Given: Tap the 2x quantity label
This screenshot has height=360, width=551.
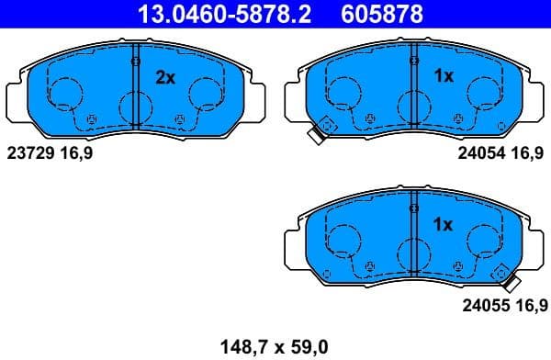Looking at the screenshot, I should click(164, 78).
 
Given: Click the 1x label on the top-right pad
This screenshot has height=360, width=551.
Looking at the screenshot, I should click(444, 77).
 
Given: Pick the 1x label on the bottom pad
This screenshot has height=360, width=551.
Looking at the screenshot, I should click(444, 224).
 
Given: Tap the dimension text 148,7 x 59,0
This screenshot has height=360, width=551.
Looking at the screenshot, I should click(274, 346).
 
